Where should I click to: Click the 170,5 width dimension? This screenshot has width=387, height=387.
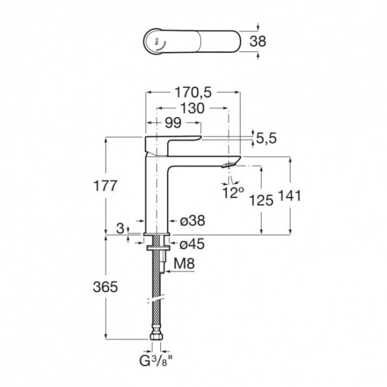coord(193,93)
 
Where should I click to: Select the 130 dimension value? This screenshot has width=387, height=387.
coord(193,108)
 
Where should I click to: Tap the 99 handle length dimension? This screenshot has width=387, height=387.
coord(173,123)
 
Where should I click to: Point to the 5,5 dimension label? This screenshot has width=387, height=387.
coord(266,138)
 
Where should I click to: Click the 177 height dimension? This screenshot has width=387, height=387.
coord(105,186)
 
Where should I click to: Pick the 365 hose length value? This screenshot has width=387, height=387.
coord(106,287)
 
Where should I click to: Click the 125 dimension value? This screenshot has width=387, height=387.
coord(261,200)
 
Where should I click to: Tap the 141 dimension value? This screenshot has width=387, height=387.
coord(290,196)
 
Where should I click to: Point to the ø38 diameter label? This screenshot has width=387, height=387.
coord(193,220)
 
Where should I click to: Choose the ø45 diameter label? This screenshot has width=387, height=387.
coord(192,244)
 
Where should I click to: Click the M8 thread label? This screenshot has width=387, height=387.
coord(184,264)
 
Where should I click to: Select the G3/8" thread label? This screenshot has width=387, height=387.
coord(156,362)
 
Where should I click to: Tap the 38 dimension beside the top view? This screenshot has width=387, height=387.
coord(258,42)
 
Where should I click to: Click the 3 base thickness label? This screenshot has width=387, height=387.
coord(120,228)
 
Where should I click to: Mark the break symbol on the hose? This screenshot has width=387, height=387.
coord(155,299)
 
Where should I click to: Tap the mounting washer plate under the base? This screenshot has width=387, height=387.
coord(158,248)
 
